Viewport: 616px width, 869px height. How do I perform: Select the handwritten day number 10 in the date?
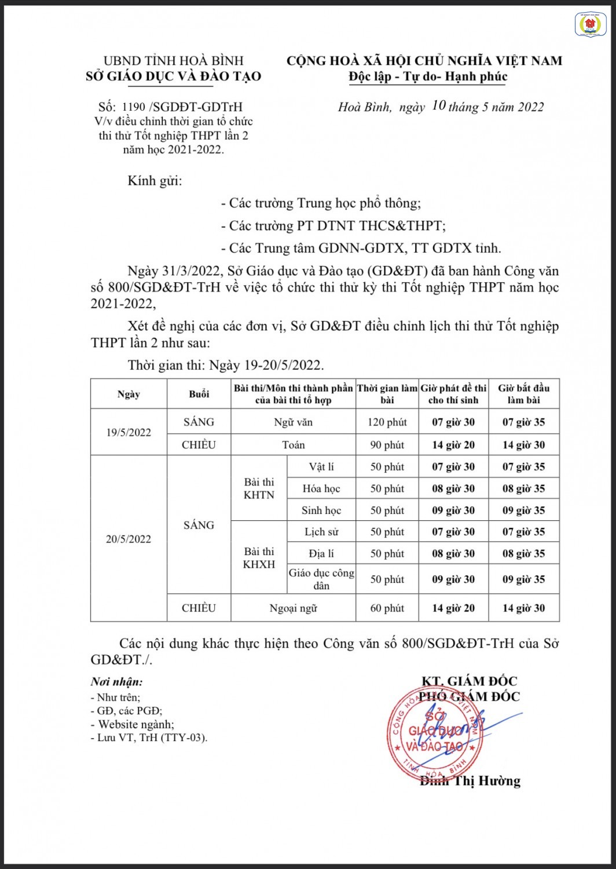[x=439, y=105]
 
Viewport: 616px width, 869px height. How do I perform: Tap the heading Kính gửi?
[x=155, y=181]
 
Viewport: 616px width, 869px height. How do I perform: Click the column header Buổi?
[x=199, y=394]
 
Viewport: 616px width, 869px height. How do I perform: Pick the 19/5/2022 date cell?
[x=129, y=432]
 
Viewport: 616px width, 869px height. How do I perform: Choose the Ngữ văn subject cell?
[x=293, y=422]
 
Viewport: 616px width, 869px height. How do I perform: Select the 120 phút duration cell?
[x=387, y=422]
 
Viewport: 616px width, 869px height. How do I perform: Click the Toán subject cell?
[x=293, y=445]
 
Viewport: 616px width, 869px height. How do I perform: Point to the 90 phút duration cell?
[x=387, y=445]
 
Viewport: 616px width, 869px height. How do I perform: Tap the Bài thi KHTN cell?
[x=259, y=488]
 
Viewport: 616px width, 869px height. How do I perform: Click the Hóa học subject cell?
[x=321, y=488]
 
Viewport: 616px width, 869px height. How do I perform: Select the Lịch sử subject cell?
[x=321, y=532]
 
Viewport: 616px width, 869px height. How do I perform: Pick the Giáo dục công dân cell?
[x=321, y=579]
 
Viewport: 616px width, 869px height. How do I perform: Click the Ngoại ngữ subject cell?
[x=293, y=608]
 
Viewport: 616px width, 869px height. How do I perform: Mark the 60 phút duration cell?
[x=387, y=608]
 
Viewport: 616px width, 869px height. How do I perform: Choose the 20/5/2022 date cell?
[x=129, y=539]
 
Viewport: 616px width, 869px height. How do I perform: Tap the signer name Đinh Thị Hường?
[x=470, y=781]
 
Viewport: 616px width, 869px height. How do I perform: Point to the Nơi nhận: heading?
[x=116, y=682]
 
